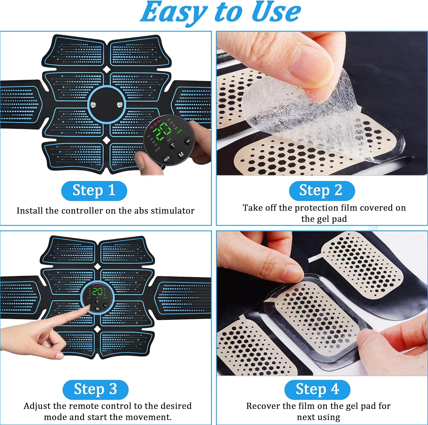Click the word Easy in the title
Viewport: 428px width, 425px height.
tap(173, 12)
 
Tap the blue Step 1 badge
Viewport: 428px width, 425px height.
tap(94, 190)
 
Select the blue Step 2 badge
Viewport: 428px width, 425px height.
tap(322, 190)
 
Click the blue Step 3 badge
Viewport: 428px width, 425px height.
tap(95, 389)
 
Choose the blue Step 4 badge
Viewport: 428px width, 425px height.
tap(317, 389)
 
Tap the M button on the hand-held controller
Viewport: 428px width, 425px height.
tap(181, 154)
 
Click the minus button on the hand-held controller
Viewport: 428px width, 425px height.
tap(188, 141)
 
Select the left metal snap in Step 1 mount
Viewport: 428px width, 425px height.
tap(93, 105)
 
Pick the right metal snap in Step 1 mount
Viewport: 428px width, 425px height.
tap(120, 105)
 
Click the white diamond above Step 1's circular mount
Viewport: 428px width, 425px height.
tap(106, 69)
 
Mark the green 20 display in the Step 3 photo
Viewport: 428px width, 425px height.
tap(98, 291)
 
